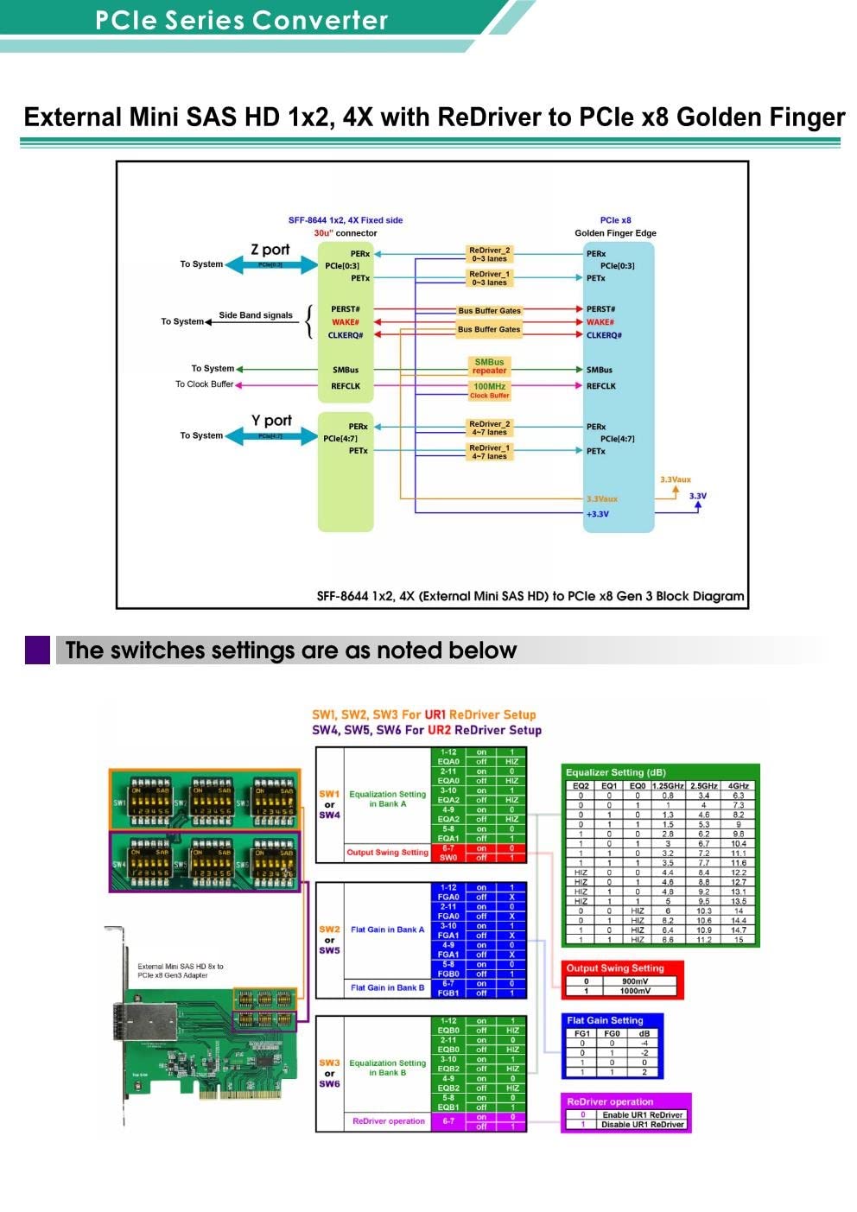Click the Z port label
[x=270, y=250]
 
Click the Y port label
[x=271, y=421]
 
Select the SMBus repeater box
[x=489, y=366]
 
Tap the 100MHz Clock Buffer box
[x=489, y=390]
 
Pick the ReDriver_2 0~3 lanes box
[x=489, y=254]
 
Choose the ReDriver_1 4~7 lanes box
[x=489, y=452]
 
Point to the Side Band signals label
[x=256, y=315]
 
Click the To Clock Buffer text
[x=204, y=384]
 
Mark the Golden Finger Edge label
[x=615, y=233]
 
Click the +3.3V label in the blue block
[x=598, y=514]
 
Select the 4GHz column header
[x=738, y=786]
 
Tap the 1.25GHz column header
[x=668, y=786]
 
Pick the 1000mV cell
[x=635, y=991]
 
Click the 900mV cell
[x=635, y=981]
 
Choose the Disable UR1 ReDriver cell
[x=642, y=1125]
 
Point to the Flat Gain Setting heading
[x=605, y=1020]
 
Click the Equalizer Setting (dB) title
[x=615, y=772]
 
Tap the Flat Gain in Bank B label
[x=387, y=987]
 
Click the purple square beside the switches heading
[x=38, y=650]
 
